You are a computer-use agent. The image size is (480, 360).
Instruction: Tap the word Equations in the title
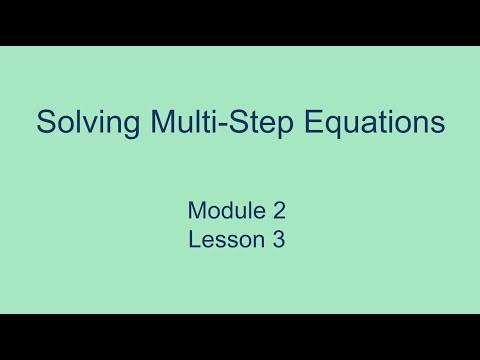click(x=378, y=124)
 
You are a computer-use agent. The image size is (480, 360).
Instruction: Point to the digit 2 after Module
click(x=281, y=212)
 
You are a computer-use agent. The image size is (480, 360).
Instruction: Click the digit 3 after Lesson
click(x=279, y=241)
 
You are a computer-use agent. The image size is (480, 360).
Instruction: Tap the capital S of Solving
click(x=45, y=124)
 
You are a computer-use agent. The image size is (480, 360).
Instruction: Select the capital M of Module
click(x=196, y=212)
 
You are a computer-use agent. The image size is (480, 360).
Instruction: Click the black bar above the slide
click(x=240, y=22)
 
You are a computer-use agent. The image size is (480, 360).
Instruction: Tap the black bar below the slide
click(x=240, y=337)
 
